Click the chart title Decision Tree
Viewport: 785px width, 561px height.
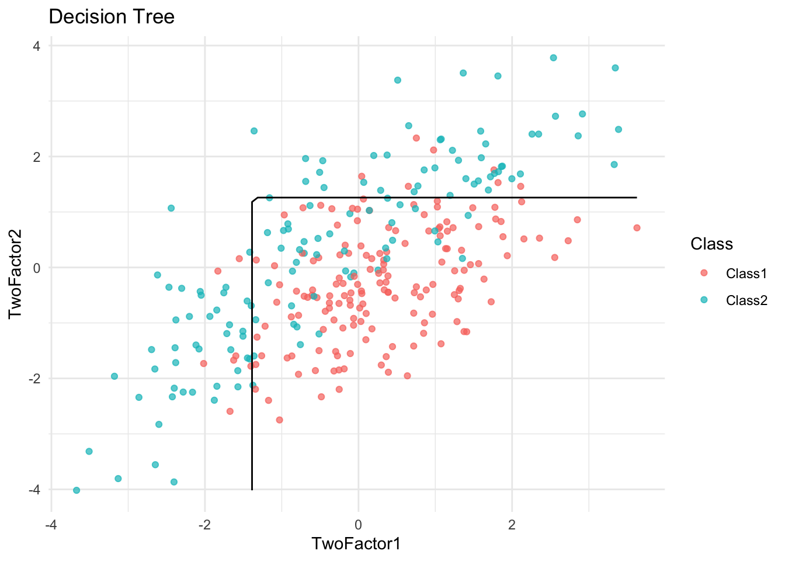click(112, 16)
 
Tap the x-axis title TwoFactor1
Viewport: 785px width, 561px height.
click(356, 543)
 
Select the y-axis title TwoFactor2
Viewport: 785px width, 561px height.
click(16, 268)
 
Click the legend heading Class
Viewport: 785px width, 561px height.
click(711, 244)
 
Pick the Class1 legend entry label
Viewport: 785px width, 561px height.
click(746, 273)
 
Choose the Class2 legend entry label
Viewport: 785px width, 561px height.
click(746, 300)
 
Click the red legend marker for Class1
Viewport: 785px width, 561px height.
click(704, 273)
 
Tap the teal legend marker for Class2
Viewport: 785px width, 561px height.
click(704, 300)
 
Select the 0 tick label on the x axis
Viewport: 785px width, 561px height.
click(358, 525)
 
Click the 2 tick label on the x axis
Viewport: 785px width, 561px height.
click(512, 525)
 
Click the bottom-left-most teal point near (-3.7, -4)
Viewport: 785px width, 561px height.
click(77, 490)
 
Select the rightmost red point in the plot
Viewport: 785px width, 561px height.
click(637, 228)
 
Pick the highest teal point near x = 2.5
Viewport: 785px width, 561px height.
click(553, 58)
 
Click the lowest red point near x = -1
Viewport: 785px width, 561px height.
click(279, 420)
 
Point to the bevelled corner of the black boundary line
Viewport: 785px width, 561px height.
click(255, 200)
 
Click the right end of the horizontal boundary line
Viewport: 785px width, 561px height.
click(635, 198)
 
